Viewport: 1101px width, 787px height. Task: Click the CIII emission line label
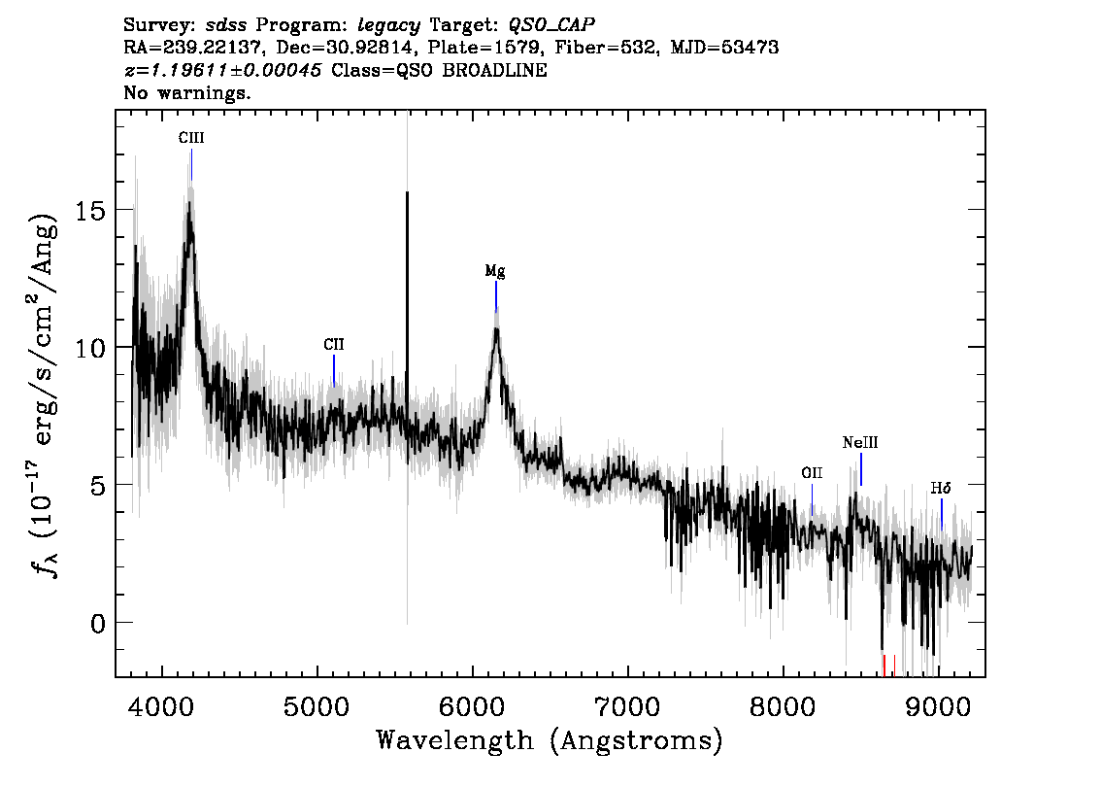191,138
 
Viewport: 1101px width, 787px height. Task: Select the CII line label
334,344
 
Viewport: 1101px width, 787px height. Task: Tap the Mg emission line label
495,271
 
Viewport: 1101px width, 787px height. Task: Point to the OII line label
812,473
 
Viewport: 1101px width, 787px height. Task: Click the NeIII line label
860,443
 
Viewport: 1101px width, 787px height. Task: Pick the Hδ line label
941,488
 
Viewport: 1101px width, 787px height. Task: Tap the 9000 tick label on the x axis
937,707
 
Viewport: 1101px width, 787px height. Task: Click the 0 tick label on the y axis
99,623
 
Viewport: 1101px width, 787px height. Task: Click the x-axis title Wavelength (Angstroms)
550,740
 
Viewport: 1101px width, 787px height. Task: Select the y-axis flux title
44,394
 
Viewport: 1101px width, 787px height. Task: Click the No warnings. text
187,92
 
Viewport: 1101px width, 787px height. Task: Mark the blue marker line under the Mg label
496,295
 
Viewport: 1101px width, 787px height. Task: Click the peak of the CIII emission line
189,204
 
